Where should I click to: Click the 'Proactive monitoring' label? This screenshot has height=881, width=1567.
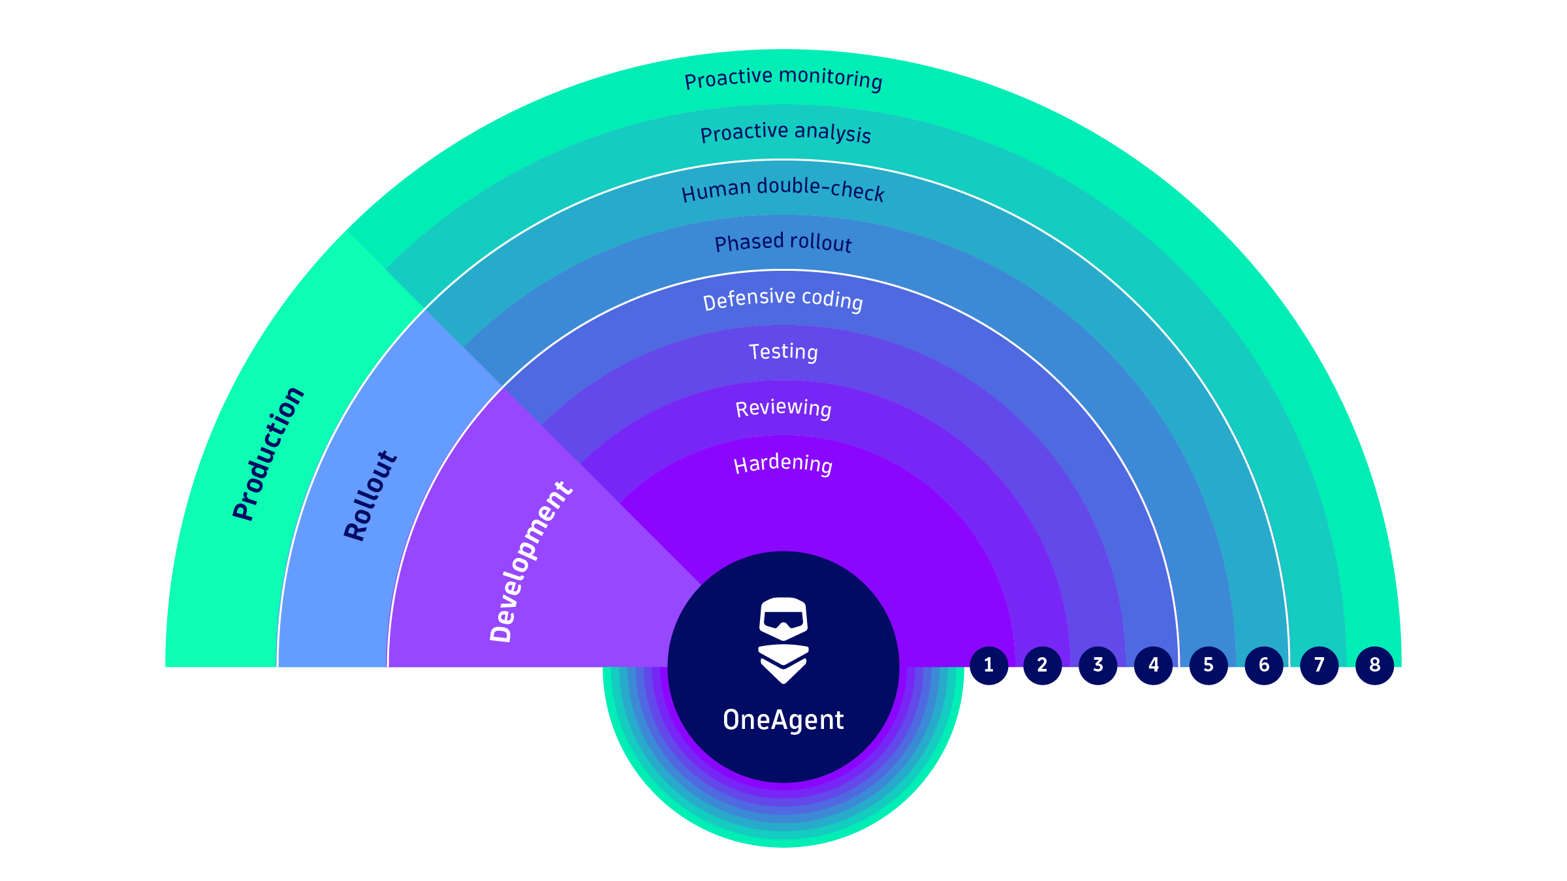tap(783, 78)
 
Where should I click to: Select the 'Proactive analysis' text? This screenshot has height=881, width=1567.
tap(785, 132)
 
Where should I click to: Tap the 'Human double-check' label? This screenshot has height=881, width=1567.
tap(783, 189)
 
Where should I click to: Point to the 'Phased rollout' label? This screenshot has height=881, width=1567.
tap(783, 243)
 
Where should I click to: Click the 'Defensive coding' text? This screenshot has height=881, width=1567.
tap(783, 299)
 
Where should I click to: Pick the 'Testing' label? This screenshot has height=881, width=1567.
tap(783, 352)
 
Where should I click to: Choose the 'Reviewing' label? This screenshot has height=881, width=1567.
tap(783, 408)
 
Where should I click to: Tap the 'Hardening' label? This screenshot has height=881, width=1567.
tap(783, 464)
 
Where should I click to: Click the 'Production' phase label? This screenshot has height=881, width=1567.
tap(268, 454)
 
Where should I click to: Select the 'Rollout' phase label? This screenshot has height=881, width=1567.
tap(370, 495)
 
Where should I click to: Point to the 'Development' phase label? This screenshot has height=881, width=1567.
tap(531, 561)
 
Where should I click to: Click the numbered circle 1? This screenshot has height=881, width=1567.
tap(989, 665)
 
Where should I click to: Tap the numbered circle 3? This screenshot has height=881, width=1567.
tap(1098, 665)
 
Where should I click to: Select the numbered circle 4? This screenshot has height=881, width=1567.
tap(1154, 665)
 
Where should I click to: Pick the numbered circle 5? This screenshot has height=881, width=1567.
tap(1209, 665)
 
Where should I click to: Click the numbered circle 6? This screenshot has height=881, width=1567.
tap(1264, 665)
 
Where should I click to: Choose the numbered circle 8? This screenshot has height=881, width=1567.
tap(1374, 665)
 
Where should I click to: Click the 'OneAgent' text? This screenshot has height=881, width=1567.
tap(783, 720)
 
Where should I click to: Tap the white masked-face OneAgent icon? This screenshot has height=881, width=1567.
tap(783, 640)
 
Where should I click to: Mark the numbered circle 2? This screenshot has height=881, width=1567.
tap(1042, 665)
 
